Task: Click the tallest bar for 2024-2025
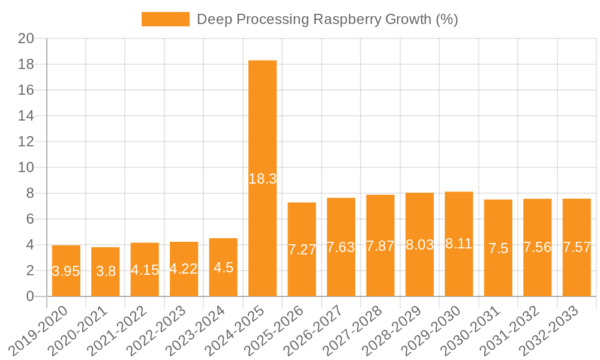click(262, 120)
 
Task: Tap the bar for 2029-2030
click(459, 216)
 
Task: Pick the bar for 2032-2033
click(577, 222)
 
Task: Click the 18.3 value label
click(262, 179)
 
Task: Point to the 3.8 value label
click(106, 271)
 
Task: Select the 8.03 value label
click(419, 245)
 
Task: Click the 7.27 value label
click(302, 250)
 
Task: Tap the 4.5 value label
click(223, 268)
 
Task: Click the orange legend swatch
click(165, 19)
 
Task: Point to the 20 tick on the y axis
click(26, 38)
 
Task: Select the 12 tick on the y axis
click(26, 142)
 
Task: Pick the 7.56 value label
click(538, 247)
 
